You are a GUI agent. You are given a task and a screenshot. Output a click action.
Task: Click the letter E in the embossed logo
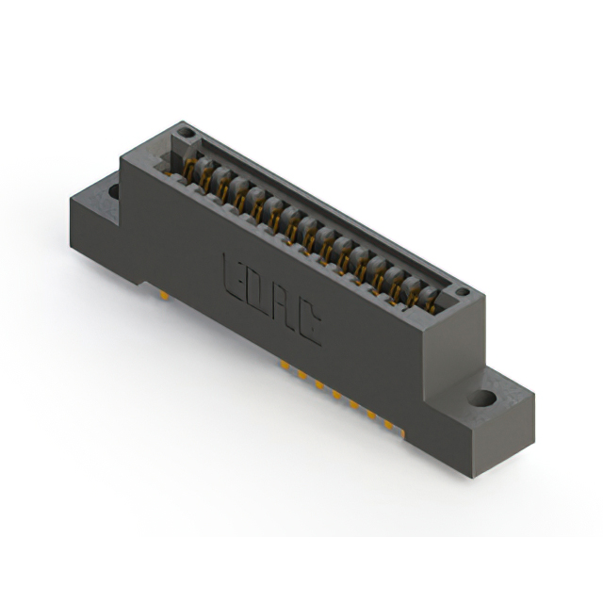pyautogui.click(x=233, y=274)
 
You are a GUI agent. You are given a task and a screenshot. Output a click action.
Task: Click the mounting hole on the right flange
pyautogui.click(x=486, y=399)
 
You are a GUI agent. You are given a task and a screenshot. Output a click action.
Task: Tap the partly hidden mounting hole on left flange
pyautogui.click(x=113, y=191)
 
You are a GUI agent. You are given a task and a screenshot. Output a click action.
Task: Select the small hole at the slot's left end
pyautogui.click(x=186, y=134)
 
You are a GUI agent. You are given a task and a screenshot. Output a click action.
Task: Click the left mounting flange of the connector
pyautogui.click(x=94, y=212)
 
